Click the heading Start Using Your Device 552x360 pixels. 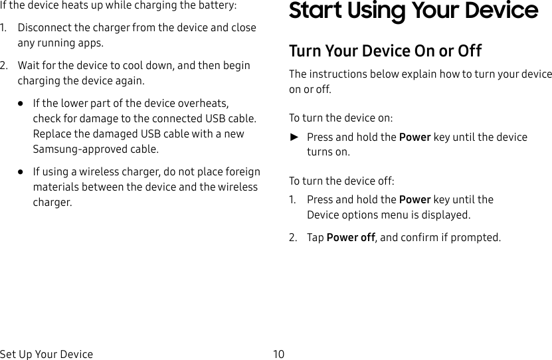[413, 11]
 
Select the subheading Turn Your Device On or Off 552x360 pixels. [385, 51]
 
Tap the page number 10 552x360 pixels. [278, 354]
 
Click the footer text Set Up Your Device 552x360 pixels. [46, 354]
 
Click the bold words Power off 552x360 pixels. [351, 238]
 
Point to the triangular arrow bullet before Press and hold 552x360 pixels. [294, 137]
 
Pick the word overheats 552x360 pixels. [204, 104]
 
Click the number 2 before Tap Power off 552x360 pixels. [292, 238]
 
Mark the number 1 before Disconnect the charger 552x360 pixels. [3, 29]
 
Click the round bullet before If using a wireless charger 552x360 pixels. [21, 172]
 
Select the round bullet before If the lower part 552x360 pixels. [21, 104]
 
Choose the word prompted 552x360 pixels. [478, 238]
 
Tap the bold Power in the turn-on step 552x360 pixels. [414, 137]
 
